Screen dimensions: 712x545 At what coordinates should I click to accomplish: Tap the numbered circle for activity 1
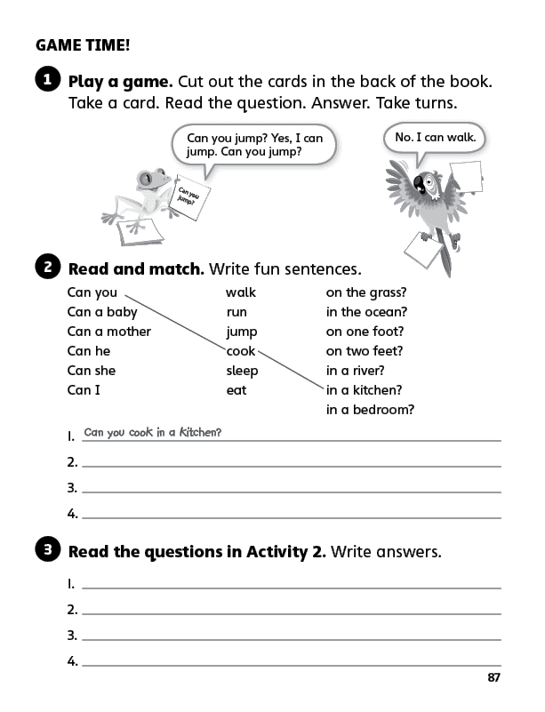click(47, 80)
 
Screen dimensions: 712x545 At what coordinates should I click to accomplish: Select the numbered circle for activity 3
click(47, 550)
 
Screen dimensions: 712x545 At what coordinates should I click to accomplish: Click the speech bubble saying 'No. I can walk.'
click(436, 138)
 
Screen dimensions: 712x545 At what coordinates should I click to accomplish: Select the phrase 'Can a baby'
click(102, 312)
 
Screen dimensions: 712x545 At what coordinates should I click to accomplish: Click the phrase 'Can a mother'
click(109, 332)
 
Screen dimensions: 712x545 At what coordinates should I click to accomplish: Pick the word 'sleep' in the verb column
click(242, 371)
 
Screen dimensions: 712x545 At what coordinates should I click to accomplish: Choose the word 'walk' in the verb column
click(240, 292)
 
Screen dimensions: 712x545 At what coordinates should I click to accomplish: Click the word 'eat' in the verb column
click(236, 390)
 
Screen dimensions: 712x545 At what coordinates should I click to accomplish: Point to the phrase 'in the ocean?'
click(366, 312)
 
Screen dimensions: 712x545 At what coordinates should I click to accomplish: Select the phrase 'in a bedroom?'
click(370, 410)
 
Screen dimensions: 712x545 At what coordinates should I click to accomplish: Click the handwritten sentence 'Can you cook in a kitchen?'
click(152, 433)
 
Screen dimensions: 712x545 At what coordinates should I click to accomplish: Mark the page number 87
click(494, 678)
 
